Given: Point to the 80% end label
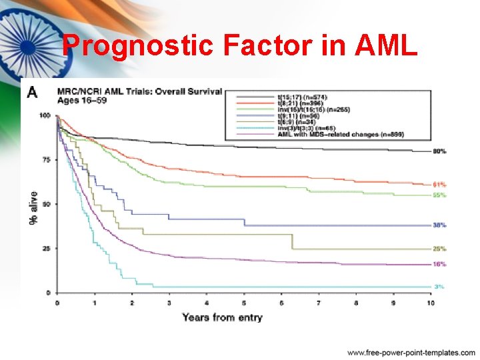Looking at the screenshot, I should pyautogui.click(x=439, y=151).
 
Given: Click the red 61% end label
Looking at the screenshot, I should pyautogui.click(x=439, y=185).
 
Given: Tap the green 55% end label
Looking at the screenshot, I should pyautogui.click(x=439, y=195).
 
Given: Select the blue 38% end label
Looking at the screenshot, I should pyautogui.click(x=439, y=225).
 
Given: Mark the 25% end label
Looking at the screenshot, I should pyautogui.click(x=439, y=249).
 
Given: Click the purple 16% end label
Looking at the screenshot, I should pyautogui.click(x=439, y=265).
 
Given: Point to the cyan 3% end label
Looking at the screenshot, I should pyautogui.click(x=440, y=287).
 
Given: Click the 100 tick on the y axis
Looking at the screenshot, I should pyautogui.click(x=45, y=116).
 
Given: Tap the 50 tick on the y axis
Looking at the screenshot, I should pyautogui.click(x=46, y=204).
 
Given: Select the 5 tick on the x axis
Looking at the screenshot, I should pyautogui.click(x=244, y=303).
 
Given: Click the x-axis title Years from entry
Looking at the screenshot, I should pyautogui.click(x=222, y=317).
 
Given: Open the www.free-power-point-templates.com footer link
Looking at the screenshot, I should pyautogui.click(x=411, y=352).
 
